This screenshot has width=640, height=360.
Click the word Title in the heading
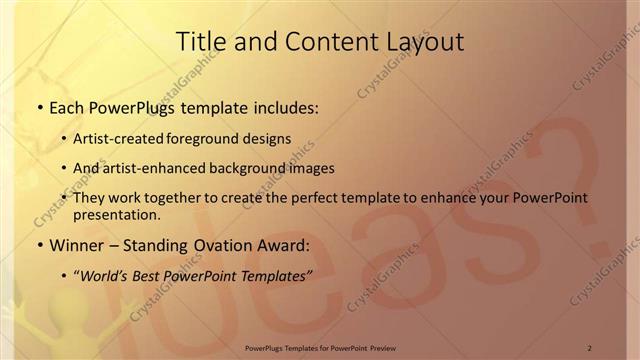199,42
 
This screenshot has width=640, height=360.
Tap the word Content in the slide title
313,42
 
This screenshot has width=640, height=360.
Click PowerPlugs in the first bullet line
127,106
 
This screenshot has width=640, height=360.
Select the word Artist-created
113,138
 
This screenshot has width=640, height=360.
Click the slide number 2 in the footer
590,348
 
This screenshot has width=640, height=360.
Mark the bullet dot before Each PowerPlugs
39,107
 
